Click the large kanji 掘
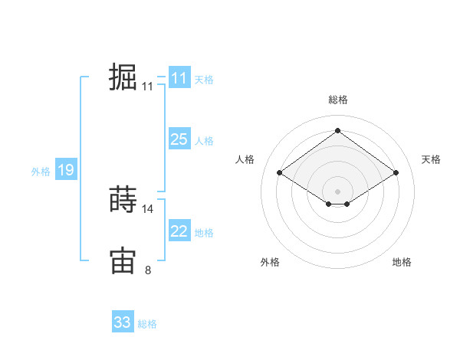click(123, 78)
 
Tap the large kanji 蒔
click(123, 201)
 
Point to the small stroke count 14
click(148, 208)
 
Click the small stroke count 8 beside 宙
click(148, 269)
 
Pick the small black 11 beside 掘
click(148, 87)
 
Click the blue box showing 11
click(179, 78)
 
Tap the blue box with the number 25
click(179, 139)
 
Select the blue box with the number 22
click(179, 231)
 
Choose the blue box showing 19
click(65, 170)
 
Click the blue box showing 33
click(123, 322)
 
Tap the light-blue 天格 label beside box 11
click(204, 80)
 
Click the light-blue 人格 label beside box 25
click(204, 141)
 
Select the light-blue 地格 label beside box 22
click(204, 233)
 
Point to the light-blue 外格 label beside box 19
click(41, 172)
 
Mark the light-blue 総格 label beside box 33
click(147, 324)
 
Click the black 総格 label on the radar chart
click(337, 100)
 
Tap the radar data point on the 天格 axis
click(396, 173)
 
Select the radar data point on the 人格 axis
click(280, 173)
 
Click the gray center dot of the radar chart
click(337, 190)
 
